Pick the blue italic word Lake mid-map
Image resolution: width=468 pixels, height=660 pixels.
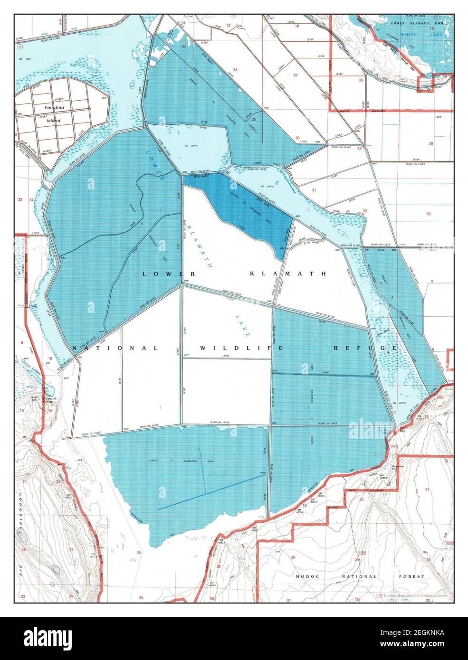click(x=241, y=325)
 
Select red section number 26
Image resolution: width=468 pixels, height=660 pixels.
click(x=139, y=552)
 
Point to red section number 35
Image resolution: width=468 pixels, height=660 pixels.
click(x=141, y=597)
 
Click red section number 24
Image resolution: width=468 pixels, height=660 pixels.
click(x=235, y=70)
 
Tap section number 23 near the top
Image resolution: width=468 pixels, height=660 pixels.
click(x=184, y=46)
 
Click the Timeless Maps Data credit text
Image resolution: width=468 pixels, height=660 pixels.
click(x=413, y=595)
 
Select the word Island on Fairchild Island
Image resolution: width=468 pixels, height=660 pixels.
click(x=53, y=121)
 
